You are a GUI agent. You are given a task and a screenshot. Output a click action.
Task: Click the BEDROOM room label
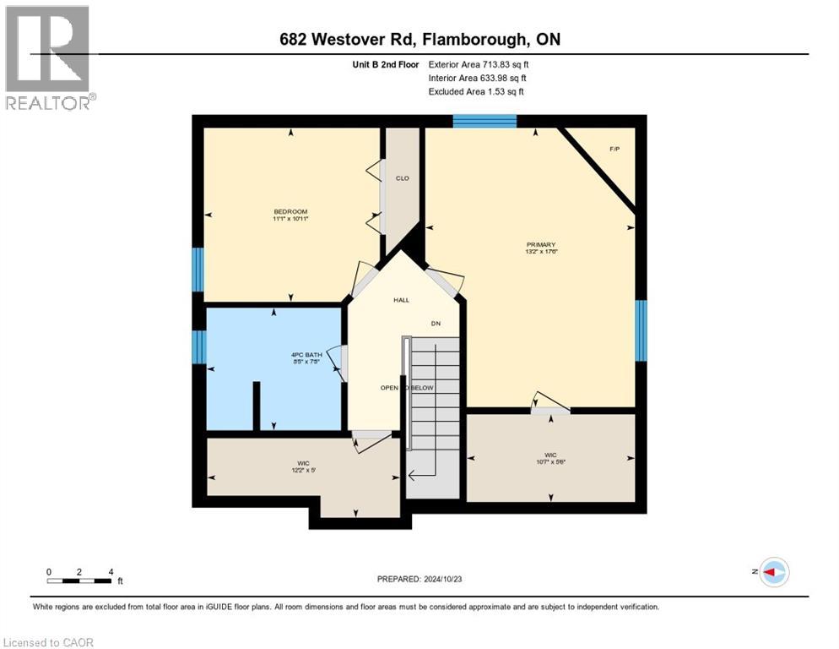[290, 211]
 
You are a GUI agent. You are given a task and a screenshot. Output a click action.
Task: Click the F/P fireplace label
[614, 149]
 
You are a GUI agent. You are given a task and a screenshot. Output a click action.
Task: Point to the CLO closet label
[403, 178]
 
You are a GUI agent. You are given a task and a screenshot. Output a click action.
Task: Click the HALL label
[401, 300]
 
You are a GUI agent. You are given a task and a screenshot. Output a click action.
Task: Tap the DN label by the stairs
[436, 323]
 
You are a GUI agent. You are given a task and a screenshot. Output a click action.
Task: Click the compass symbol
[773, 572]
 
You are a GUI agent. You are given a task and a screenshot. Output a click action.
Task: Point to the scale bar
[79, 581]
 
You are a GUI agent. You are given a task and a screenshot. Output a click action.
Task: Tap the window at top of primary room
[484, 121]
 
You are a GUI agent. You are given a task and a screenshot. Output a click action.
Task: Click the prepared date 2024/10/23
[419, 579]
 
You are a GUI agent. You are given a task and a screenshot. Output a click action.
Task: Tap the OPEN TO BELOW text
[407, 387]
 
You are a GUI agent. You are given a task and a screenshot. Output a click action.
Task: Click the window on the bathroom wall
[199, 346]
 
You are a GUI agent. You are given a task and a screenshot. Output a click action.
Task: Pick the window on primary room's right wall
[641, 329]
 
